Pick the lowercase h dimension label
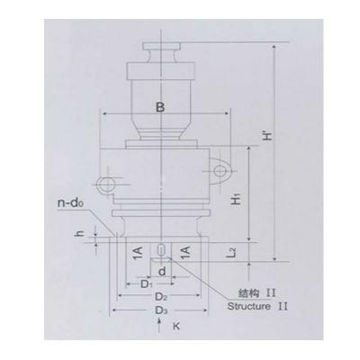click(80, 235)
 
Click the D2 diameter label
click(159, 296)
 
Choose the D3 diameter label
click(159, 310)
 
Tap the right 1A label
click(184, 251)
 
